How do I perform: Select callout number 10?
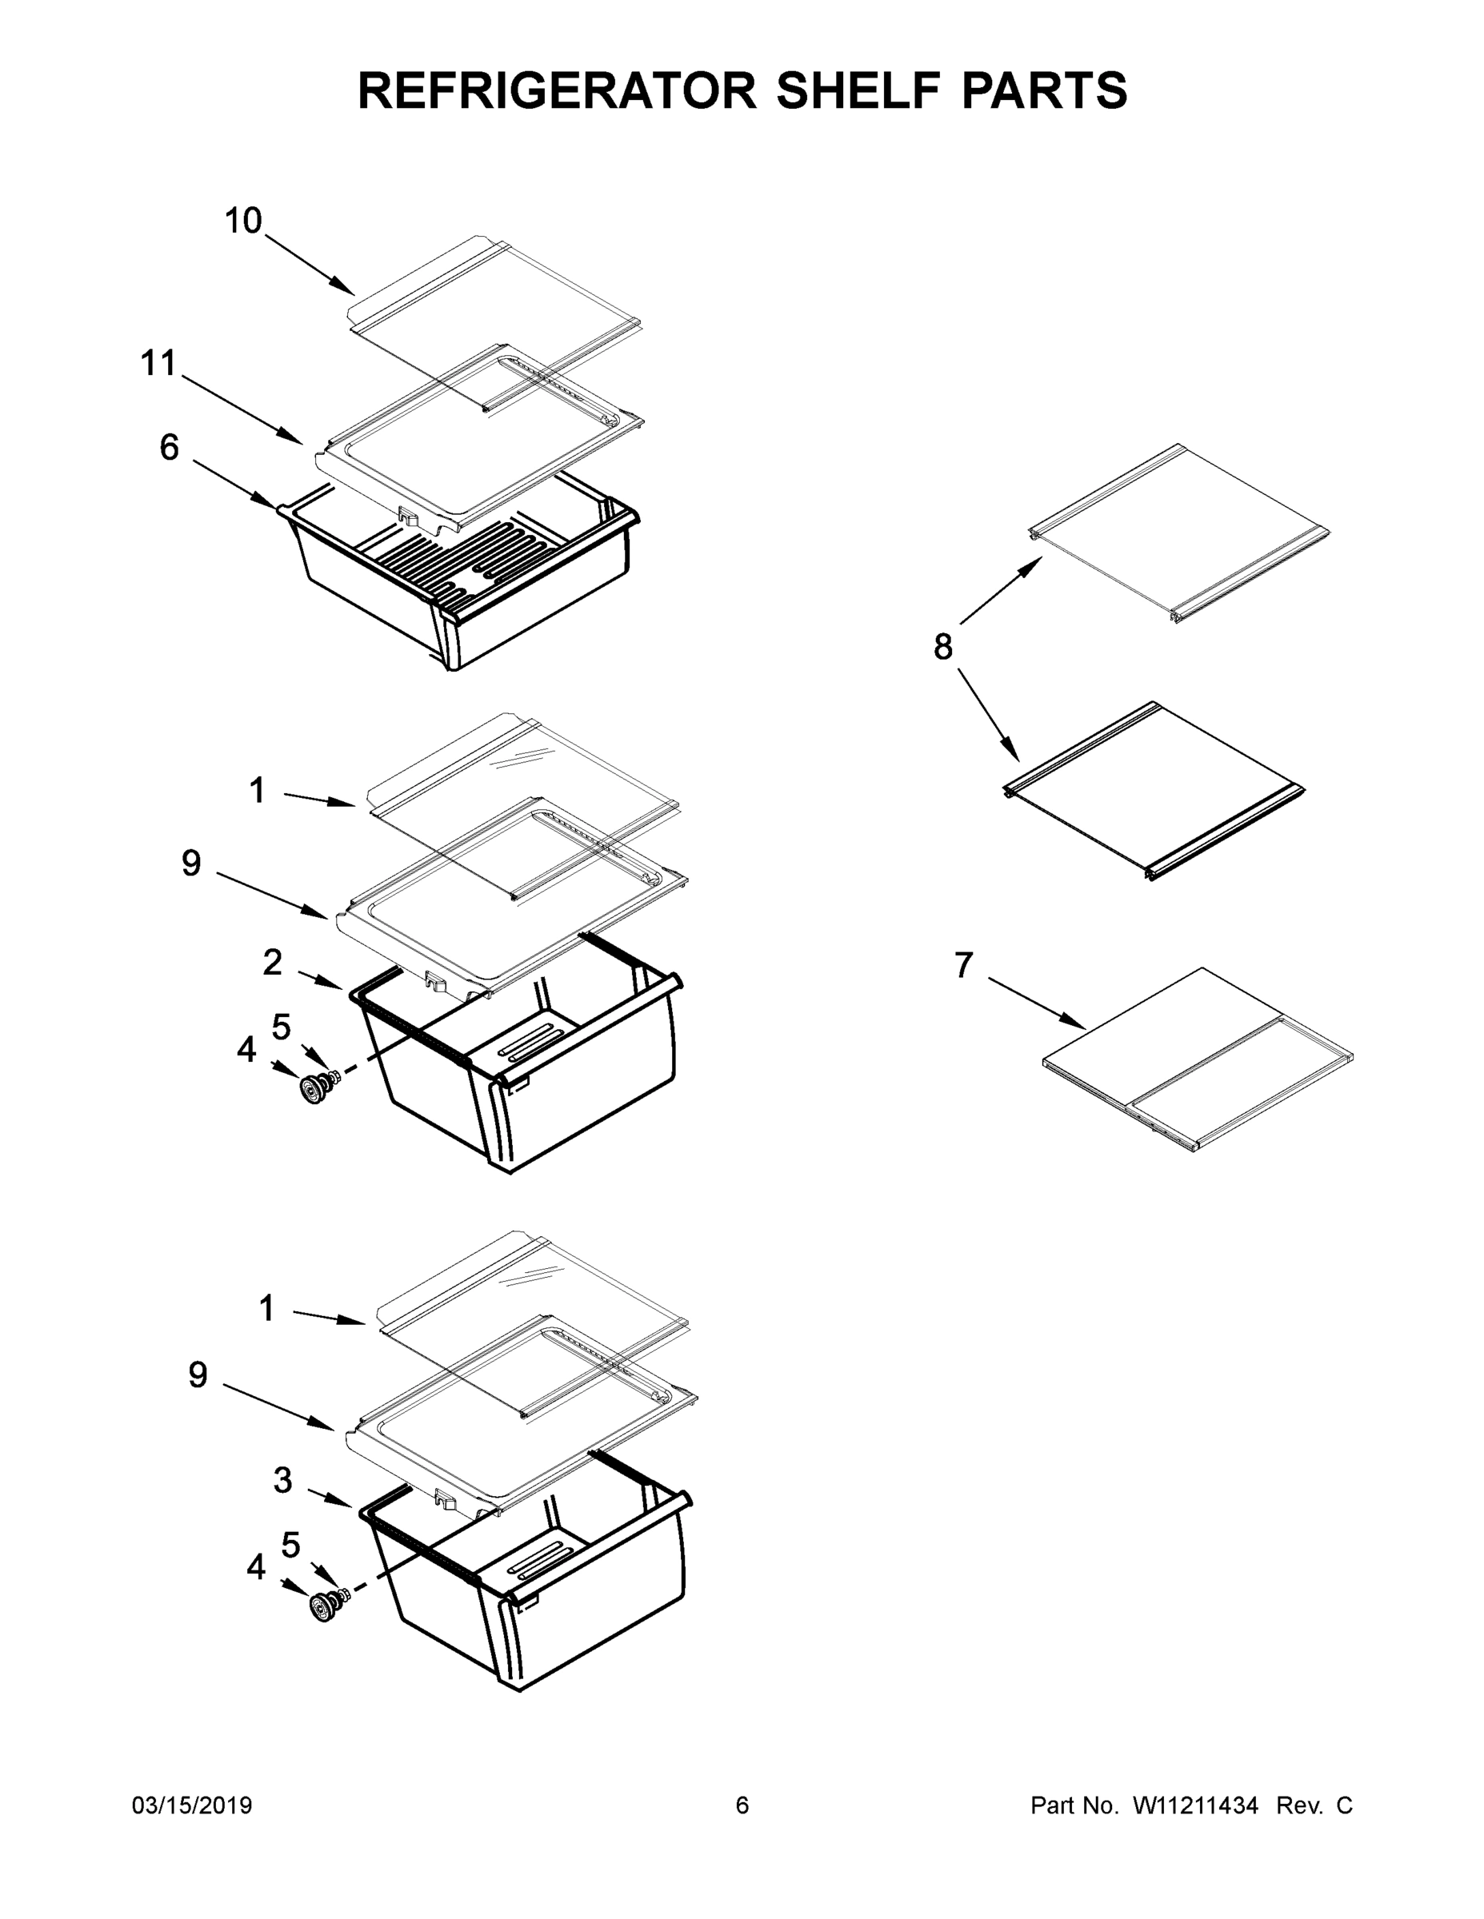pos(243,221)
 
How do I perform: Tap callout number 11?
pos(158,363)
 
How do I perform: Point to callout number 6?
pos(169,447)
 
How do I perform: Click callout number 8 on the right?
pos(942,648)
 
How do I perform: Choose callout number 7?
pos(965,966)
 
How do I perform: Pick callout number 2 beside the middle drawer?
pos(273,963)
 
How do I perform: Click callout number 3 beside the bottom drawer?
pos(282,1481)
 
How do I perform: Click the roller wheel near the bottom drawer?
pos(322,1608)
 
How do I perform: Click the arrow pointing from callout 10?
pos(310,265)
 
